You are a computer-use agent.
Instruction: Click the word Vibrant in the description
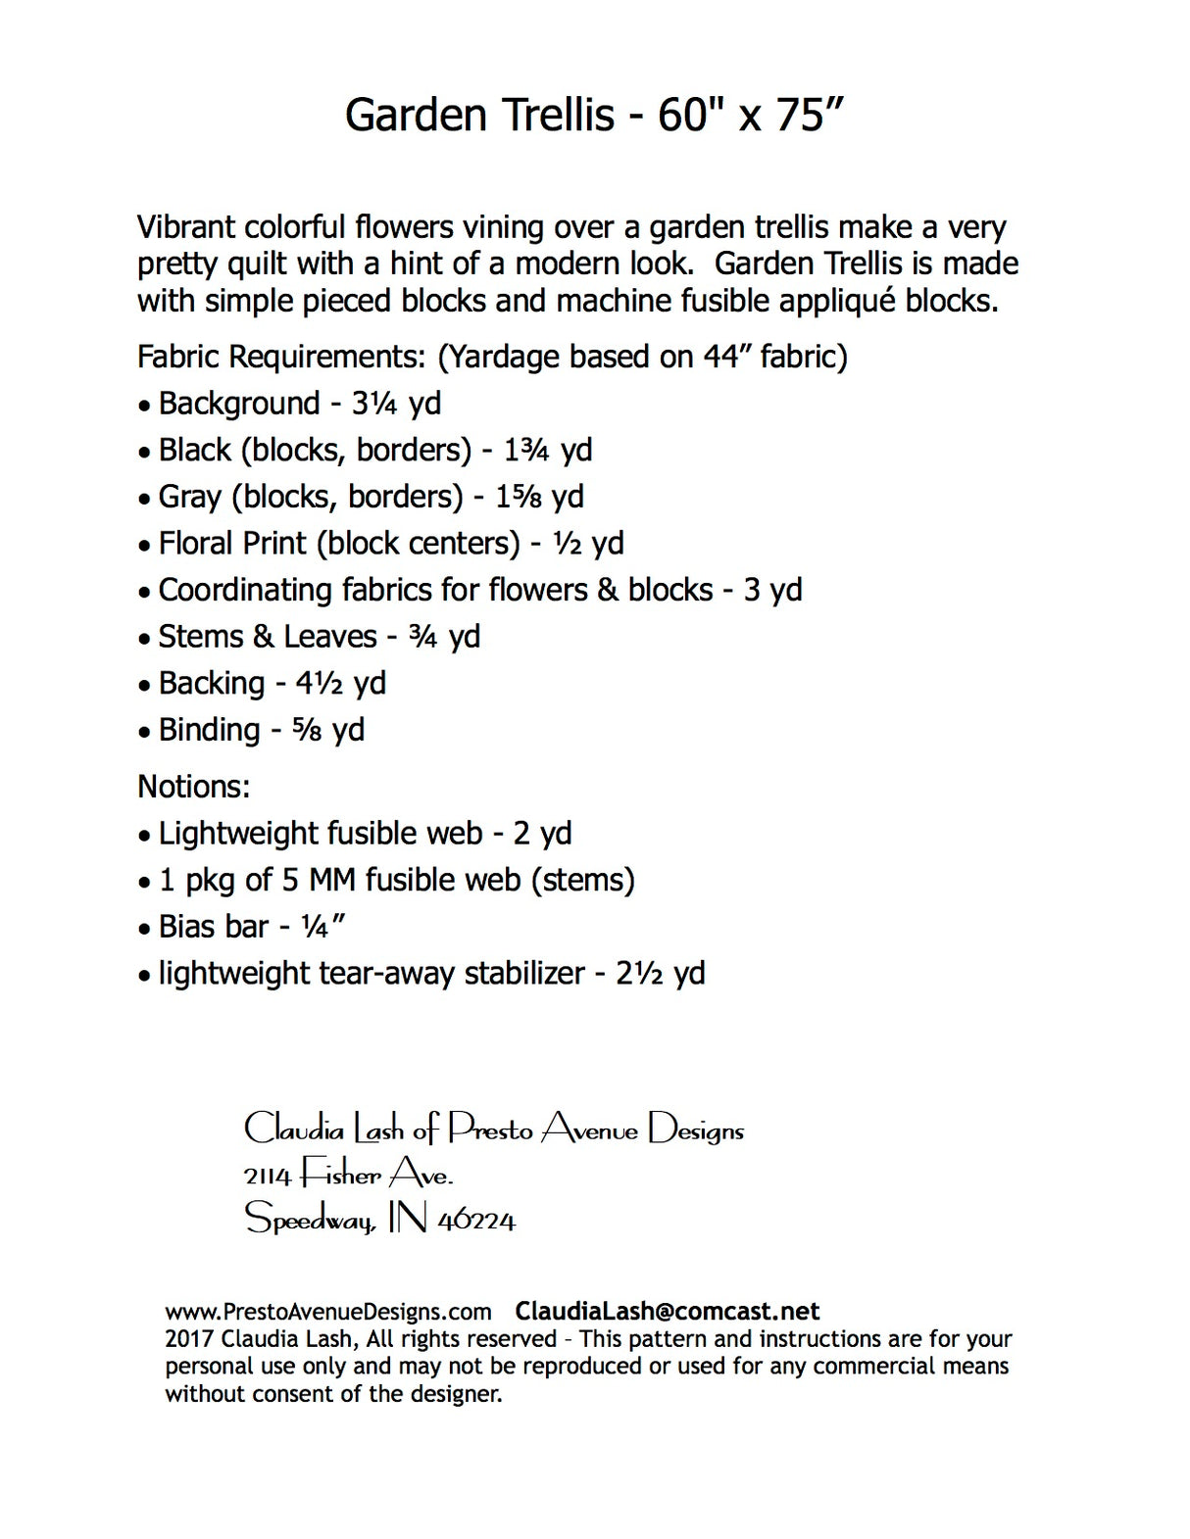[186, 227]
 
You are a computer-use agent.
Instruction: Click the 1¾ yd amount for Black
[548, 451]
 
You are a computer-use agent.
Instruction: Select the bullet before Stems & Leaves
[144, 639]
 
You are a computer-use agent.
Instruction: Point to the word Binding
[210, 731]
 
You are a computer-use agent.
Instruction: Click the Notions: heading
[194, 787]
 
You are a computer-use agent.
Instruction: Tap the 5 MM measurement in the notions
[319, 880]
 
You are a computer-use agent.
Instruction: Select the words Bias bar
[214, 927]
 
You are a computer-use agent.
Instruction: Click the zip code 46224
[476, 1221]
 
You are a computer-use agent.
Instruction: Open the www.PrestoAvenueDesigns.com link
[328, 1312]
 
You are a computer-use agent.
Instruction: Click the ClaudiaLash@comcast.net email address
[668, 1312]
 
